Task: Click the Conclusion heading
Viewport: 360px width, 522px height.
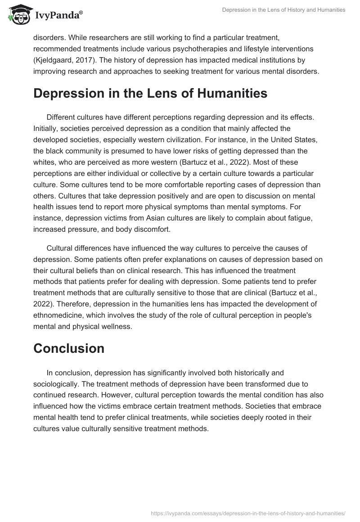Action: click(x=69, y=348)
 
